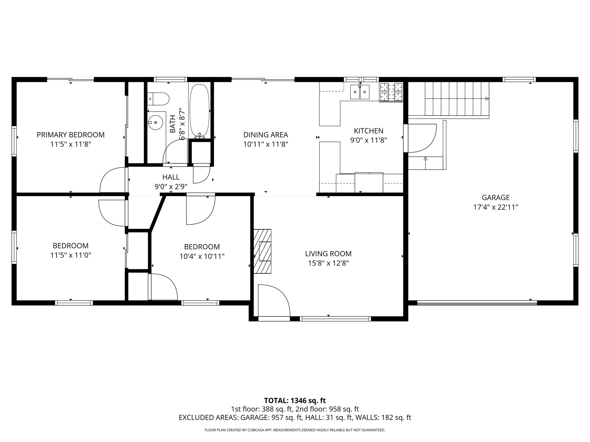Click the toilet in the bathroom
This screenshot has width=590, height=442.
click(158, 99)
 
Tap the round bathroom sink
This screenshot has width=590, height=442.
click(156, 122)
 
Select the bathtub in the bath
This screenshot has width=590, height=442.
click(199, 110)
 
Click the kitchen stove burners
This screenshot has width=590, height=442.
click(391, 92)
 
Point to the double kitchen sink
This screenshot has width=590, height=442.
click(360, 92)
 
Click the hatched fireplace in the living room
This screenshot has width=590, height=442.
click(262, 251)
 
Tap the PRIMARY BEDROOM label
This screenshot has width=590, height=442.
click(71, 135)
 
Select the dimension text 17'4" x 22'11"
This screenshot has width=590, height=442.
click(496, 207)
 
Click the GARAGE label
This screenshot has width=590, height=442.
click(496, 197)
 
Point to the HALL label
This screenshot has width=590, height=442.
click(171, 177)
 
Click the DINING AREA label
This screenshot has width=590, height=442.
click(266, 135)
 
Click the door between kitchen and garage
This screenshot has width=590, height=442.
click(421, 138)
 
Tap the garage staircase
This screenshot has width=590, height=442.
click(457, 98)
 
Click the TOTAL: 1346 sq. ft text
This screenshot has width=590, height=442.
click(295, 401)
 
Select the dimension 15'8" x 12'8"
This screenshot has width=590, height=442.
click(328, 263)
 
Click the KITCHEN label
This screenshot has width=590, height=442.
click(368, 131)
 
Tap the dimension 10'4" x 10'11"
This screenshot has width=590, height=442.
click(202, 256)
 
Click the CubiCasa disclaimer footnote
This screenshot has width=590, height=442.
click(295, 430)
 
